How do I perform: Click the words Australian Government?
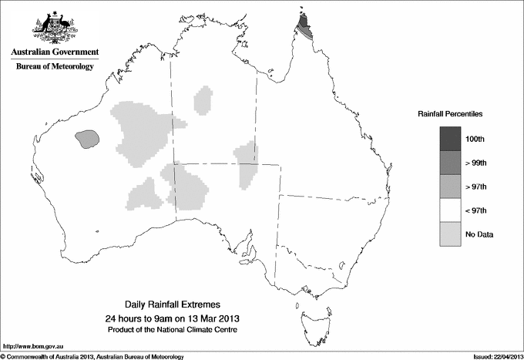tap(55, 52)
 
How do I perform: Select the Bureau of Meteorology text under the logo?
tap(55, 67)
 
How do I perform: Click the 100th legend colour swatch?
tap(451, 138)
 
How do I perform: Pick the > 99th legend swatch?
tap(451, 162)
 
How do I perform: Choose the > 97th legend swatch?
tap(451, 186)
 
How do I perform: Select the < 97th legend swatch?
tap(451, 210)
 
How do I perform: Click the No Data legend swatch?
tap(451, 234)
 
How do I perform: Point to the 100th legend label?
tap(475, 139)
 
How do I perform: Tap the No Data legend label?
tap(479, 234)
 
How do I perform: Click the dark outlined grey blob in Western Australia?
tap(87, 139)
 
